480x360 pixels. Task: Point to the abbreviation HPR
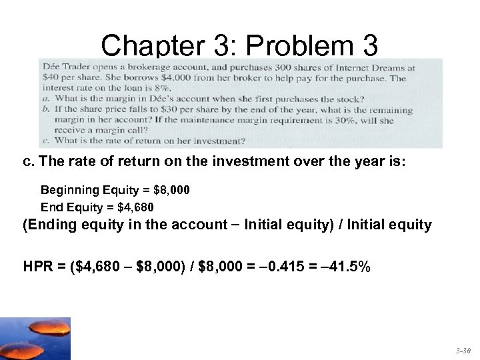[x=38, y=267]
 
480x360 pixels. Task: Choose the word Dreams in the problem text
[x=388, y=67]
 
